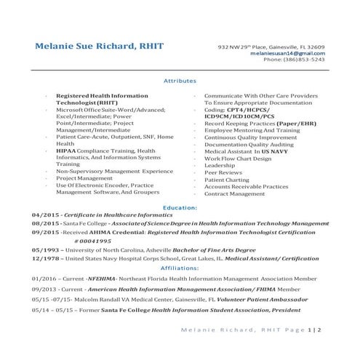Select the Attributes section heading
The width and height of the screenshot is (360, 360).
pyautogui.click(x=180, y=81)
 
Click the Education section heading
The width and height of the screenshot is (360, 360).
pyautogui.click(x=180, y=208)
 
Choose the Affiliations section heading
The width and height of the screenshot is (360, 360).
pyautogui.click(x=180, y=268)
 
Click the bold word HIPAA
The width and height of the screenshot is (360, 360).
pyautogui.click(x=69, y=151)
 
